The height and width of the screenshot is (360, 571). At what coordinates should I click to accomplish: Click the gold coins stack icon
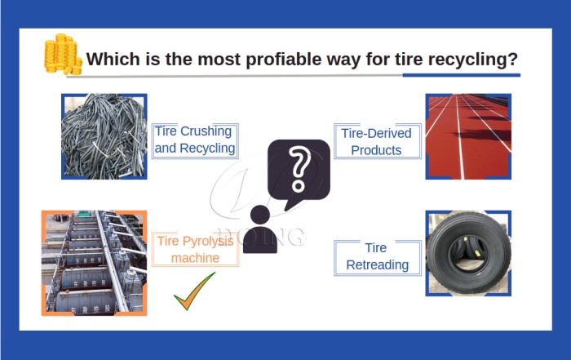(x=63, y=56)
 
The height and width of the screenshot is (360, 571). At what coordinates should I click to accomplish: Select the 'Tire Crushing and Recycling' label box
(x=194, y=140)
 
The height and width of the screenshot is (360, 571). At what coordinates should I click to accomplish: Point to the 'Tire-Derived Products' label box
(x=377, y=141)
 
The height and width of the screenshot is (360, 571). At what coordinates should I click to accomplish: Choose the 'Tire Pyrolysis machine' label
(x=195, y=249)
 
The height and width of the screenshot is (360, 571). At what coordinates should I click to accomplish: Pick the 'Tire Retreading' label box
(x=377, y=256)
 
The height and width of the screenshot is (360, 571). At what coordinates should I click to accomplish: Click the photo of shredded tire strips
(x=104, y=136)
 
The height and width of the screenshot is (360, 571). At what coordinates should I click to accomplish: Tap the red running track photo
(x=468, y=136)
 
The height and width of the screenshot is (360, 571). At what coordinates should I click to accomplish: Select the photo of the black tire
(x=468, y=253)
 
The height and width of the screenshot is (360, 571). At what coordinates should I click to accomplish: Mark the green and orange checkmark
(x=194, y=291)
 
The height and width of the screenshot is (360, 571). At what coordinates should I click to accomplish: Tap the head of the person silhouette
(x=260, y=216)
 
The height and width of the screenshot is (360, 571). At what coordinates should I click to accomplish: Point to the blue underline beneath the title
(x=461, y=75)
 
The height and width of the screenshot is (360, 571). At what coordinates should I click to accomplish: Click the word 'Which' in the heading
(x=110, y=60)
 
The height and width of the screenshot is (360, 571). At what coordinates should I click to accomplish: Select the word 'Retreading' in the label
(x=377, y=265)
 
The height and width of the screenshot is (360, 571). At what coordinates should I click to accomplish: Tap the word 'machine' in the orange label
(x=195, y=258)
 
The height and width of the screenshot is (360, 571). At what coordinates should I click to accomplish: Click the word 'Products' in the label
(x=377, y=150)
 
